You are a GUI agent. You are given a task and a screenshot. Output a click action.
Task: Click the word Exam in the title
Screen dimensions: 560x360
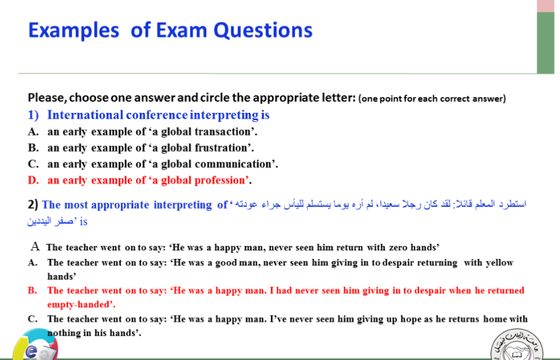click(181, 30)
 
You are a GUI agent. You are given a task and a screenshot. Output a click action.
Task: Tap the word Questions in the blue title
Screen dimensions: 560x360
click(263, 31)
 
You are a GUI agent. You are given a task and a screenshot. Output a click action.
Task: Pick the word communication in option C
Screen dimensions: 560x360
click(236, 164)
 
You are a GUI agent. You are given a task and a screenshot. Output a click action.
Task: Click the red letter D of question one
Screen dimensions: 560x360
click(33, 180)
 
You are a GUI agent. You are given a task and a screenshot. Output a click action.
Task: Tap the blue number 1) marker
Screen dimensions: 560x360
click(33, 115)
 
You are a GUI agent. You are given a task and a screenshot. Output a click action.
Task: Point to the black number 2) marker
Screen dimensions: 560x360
click(33, 204)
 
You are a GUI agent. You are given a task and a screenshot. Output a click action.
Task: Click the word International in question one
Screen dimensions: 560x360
click(86, 115)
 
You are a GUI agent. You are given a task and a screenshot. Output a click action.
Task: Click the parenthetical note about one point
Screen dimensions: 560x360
click(432, 98)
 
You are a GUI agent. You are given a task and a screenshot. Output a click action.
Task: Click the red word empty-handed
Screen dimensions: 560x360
click(81, 305)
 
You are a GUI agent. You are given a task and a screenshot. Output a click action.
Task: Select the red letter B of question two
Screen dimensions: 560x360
click(32, 290)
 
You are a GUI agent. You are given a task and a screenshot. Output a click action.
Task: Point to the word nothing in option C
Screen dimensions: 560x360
click(63, 333)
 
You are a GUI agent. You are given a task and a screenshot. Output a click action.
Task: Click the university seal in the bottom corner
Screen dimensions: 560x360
click(517, 344)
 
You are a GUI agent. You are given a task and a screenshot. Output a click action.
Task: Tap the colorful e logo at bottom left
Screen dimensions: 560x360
click(35, 346)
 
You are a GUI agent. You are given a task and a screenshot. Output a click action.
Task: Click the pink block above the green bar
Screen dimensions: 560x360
click(546, 6)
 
